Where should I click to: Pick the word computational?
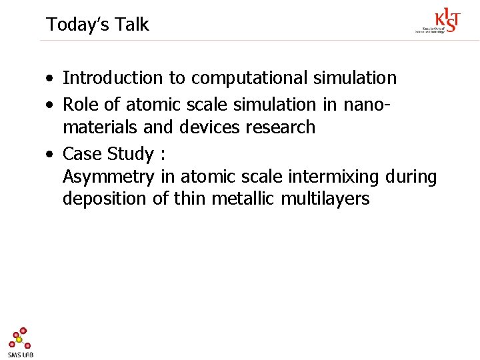click(251, 78)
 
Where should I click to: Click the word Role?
click(82, 104)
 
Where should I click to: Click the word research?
click(281, 127)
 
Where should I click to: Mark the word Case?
click(82, 154)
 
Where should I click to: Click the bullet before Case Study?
click(50, 155)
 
